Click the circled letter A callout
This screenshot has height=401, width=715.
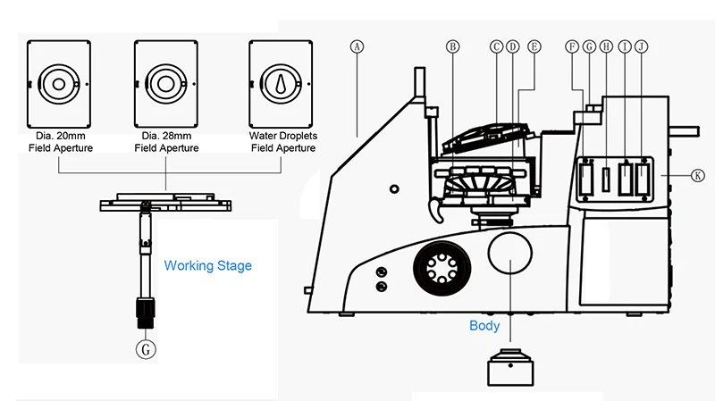[357, 46]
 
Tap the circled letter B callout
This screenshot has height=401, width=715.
[452, 46]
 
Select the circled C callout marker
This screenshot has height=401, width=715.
[496, 46]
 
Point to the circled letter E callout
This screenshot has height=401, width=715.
[534, 46]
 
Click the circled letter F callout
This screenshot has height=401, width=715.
[572, 46]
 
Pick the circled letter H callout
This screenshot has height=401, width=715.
[606, 46]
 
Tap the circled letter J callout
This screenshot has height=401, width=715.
[641, 46]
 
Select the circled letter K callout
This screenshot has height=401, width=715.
[698, 175]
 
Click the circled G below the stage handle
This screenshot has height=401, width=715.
[146, 349]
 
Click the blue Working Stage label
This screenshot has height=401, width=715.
[208, 265]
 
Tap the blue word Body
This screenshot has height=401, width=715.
[484, 326]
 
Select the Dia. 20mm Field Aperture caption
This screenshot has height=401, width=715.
[61, 142]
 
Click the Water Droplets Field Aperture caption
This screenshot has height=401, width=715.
[283, 142]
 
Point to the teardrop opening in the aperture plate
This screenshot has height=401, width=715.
[281, 84]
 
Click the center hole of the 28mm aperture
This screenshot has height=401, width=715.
[165, 84]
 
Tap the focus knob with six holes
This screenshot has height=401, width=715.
[442, 269]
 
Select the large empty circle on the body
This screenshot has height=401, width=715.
[509, 254]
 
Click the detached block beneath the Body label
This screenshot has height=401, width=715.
[510, 367]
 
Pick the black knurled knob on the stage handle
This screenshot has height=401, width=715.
[146, 313]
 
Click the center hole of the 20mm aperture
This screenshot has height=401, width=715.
[58, 84]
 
